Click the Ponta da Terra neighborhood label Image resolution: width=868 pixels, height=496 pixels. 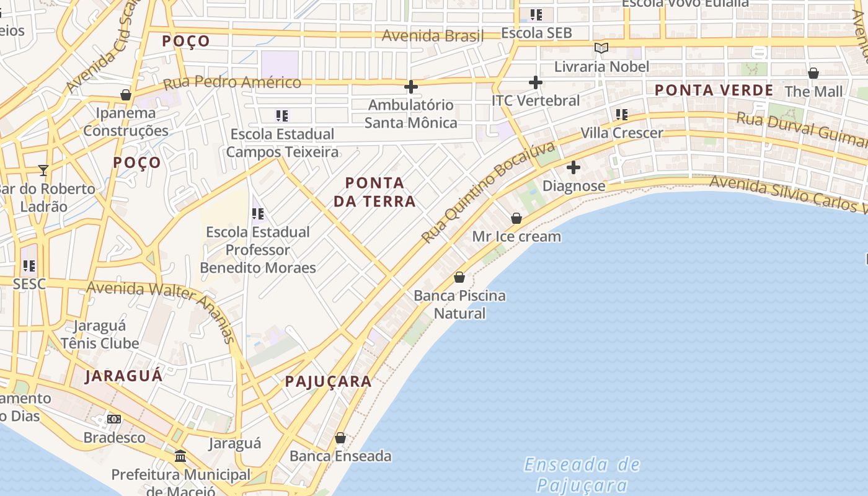374,192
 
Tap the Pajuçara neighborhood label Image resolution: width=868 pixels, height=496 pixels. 328,381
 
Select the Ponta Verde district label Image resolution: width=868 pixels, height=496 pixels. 714,90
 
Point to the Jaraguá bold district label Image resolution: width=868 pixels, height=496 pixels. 123,376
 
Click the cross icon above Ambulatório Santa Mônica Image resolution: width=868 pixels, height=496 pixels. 410,87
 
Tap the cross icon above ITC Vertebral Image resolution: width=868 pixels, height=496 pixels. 536,82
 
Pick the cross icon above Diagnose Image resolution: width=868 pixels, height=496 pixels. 573,167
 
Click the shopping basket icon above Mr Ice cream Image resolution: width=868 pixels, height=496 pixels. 516,218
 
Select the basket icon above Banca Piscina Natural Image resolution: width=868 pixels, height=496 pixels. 459,277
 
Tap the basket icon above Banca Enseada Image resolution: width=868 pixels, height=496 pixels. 340,438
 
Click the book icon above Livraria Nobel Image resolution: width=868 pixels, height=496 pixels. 601,48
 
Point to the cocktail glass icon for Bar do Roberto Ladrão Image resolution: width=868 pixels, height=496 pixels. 43,170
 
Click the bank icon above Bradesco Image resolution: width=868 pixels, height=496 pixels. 114,419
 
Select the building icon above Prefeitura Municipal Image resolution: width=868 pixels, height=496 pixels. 180,456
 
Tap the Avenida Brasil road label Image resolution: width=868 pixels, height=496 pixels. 432,35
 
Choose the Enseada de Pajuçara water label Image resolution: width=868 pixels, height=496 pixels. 582,474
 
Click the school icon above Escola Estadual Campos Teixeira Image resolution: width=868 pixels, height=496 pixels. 282,115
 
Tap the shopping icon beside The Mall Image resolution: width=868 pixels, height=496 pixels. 813,73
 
